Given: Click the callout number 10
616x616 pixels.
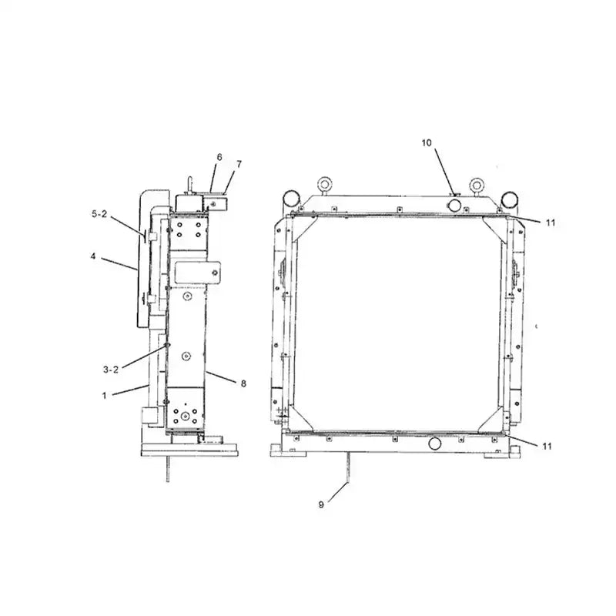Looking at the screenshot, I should pos(427,142).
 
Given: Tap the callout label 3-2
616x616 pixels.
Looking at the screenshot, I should pos(110,369).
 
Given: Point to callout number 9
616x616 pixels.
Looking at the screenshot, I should pos(321,504).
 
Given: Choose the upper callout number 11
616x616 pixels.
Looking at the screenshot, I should pos(550,223).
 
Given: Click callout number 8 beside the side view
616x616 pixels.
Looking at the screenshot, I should pos(243,383).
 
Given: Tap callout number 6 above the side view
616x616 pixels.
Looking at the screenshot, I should pos(219,157).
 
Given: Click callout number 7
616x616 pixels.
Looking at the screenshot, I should pos(239,164).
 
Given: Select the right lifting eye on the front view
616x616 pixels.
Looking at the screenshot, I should pos(477,186).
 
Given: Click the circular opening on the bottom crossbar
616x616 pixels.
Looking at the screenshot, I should pos(435,444).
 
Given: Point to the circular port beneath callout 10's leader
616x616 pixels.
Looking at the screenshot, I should pos(455,204).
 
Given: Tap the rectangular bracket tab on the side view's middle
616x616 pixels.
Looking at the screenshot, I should pos(199,271).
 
